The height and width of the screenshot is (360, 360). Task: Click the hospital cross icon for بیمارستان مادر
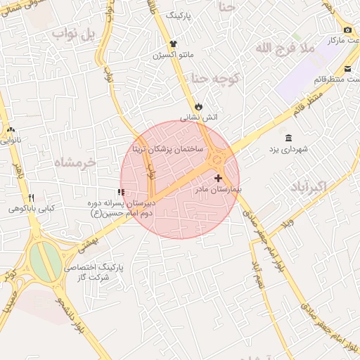coord(219,179)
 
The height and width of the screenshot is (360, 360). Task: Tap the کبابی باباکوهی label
coord(32,209)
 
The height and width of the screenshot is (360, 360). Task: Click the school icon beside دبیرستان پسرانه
coord(122,192)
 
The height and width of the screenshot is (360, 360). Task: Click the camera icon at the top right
coord(348,30)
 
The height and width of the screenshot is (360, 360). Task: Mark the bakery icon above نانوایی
coord(11,129)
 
